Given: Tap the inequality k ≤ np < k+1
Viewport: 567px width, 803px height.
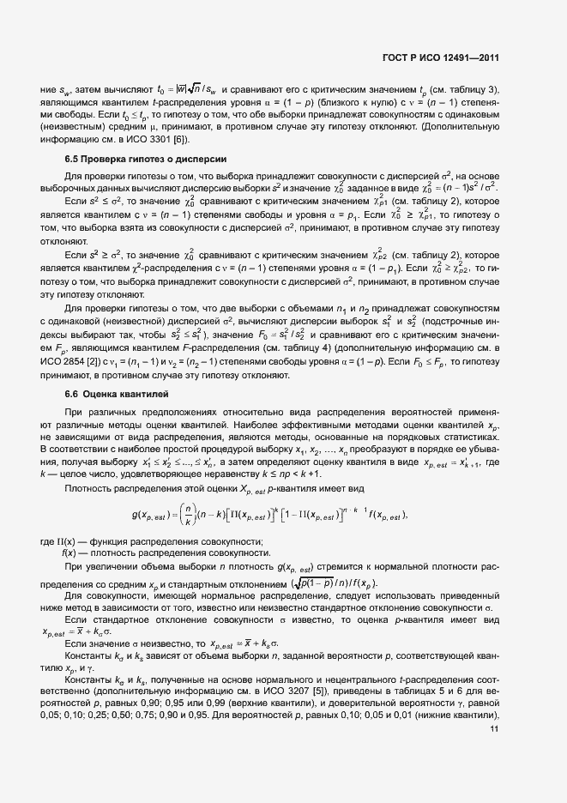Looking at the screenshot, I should click(x=262, y=474).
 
